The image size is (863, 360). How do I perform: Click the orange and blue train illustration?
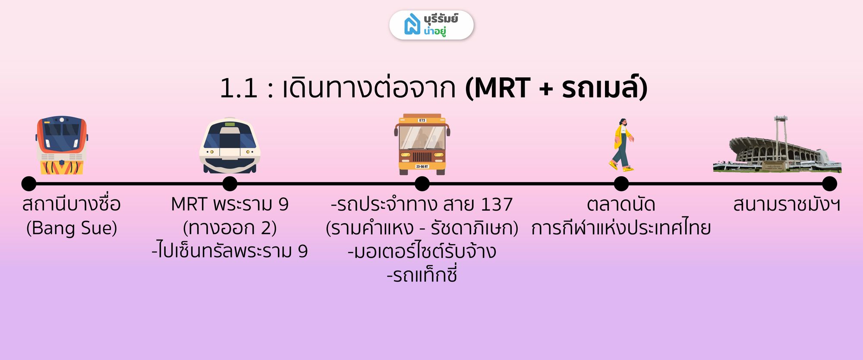[62, 145]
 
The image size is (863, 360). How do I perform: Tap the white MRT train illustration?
[230, 145]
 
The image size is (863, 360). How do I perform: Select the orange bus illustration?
[422, 144]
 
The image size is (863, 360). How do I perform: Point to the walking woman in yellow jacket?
[622, 145]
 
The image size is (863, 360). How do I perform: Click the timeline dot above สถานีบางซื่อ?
[29, 183]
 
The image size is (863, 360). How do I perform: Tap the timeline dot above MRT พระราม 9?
[230, 183]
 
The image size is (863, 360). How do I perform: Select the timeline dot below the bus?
[422, 183]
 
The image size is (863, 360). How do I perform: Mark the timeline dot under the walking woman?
[621, 183]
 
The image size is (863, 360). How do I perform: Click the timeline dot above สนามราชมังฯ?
[829, 183]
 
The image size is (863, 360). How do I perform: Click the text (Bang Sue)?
[72, 228]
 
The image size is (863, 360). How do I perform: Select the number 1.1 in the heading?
[239, 88]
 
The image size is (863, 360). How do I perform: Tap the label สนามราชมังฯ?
[787, 205]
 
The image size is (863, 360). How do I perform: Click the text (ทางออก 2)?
[230, 228]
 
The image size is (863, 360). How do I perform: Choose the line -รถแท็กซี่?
[422, 275]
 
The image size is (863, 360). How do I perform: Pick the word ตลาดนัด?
[621, 205]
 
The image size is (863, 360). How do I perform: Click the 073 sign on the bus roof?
[422, 120]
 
